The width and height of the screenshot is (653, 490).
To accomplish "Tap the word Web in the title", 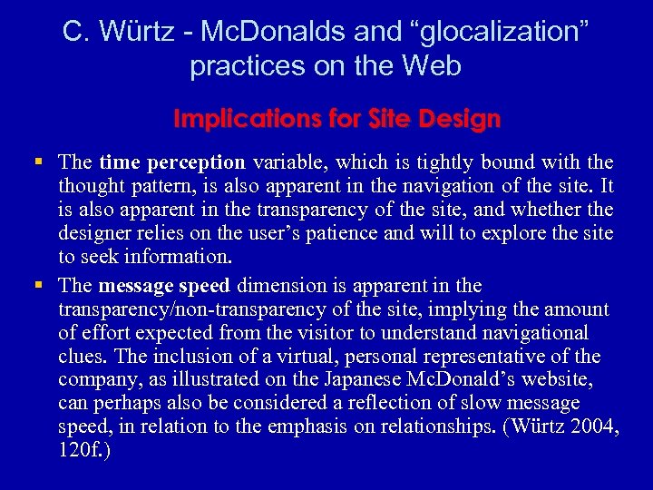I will point(433,66).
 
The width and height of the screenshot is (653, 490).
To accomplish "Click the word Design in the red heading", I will point(462,119).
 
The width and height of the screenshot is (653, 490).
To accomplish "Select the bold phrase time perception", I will point(172,162).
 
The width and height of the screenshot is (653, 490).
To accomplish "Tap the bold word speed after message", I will point(204,286).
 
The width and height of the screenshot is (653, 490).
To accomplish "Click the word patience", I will point(351,233).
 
